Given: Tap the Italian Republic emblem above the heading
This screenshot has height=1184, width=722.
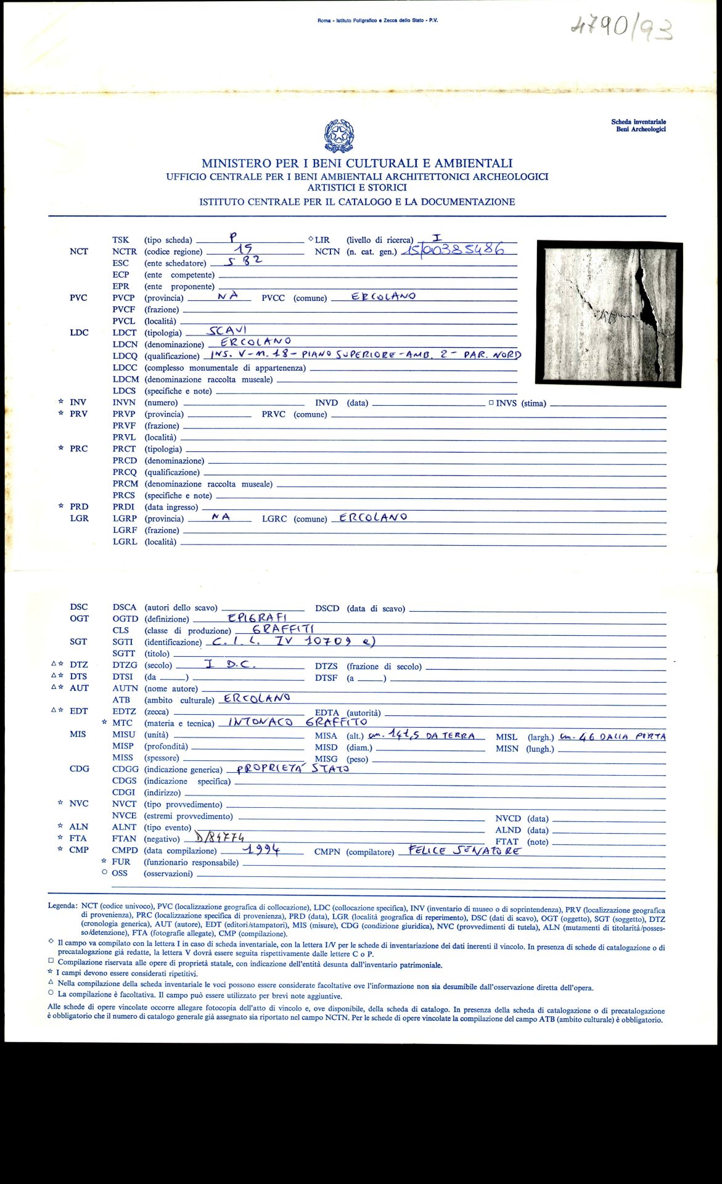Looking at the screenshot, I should (x=338, y=136).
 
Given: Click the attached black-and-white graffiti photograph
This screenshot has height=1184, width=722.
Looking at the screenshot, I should (x=609, y=313).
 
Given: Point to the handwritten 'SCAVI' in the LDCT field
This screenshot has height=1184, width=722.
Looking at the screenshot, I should (x=229, y=331).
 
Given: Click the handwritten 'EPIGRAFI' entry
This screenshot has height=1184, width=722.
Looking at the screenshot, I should (x=257, y=617).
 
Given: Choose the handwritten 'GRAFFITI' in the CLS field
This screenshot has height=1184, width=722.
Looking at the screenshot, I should (x=284, y=629).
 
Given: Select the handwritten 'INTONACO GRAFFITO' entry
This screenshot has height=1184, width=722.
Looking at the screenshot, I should (x=297, y=721).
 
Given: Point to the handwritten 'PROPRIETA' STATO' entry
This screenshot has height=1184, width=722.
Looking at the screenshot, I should (x=293, y=769).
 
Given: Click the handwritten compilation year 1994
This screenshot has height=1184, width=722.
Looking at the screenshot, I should (x=261, y=850).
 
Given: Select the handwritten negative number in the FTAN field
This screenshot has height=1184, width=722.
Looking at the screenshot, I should (x=220, y=838).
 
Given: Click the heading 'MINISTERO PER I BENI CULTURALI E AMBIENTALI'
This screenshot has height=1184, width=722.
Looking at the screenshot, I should (x=357, y=163).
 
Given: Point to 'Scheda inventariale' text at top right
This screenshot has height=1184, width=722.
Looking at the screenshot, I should (x=638, y=122).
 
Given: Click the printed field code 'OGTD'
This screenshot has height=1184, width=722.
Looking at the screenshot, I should (x=125, y=619).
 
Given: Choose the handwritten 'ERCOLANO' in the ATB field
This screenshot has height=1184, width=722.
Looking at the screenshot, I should (x=256, y=699).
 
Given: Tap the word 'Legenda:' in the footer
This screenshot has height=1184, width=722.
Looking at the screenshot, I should (x=62, y=906).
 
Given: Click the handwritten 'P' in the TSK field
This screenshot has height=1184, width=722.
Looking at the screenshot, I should (x=232, y=237).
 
